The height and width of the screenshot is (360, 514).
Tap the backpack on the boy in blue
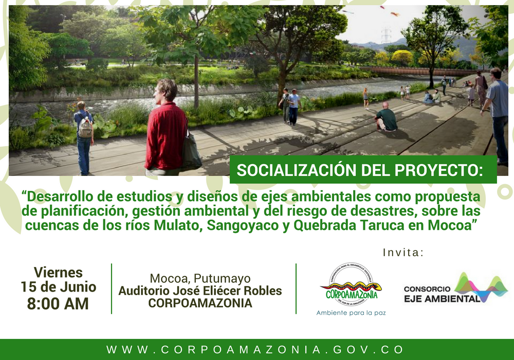point(85,128)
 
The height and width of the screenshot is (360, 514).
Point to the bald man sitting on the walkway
point(386,117)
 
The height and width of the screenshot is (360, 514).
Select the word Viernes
point(58,272)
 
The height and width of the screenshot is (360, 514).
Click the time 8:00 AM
point(58,303)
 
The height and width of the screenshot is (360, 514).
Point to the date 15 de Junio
point(58,287)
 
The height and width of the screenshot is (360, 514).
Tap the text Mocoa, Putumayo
point(200,279)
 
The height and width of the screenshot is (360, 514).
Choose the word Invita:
point(403,253)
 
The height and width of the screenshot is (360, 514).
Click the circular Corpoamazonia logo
point(351,285)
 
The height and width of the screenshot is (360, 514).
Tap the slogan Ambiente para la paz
point(351,313)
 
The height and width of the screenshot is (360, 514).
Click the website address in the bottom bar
point(255,350)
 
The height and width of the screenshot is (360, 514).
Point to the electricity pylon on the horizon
point(385,35)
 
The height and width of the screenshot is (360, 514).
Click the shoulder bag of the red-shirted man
point(191,152)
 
